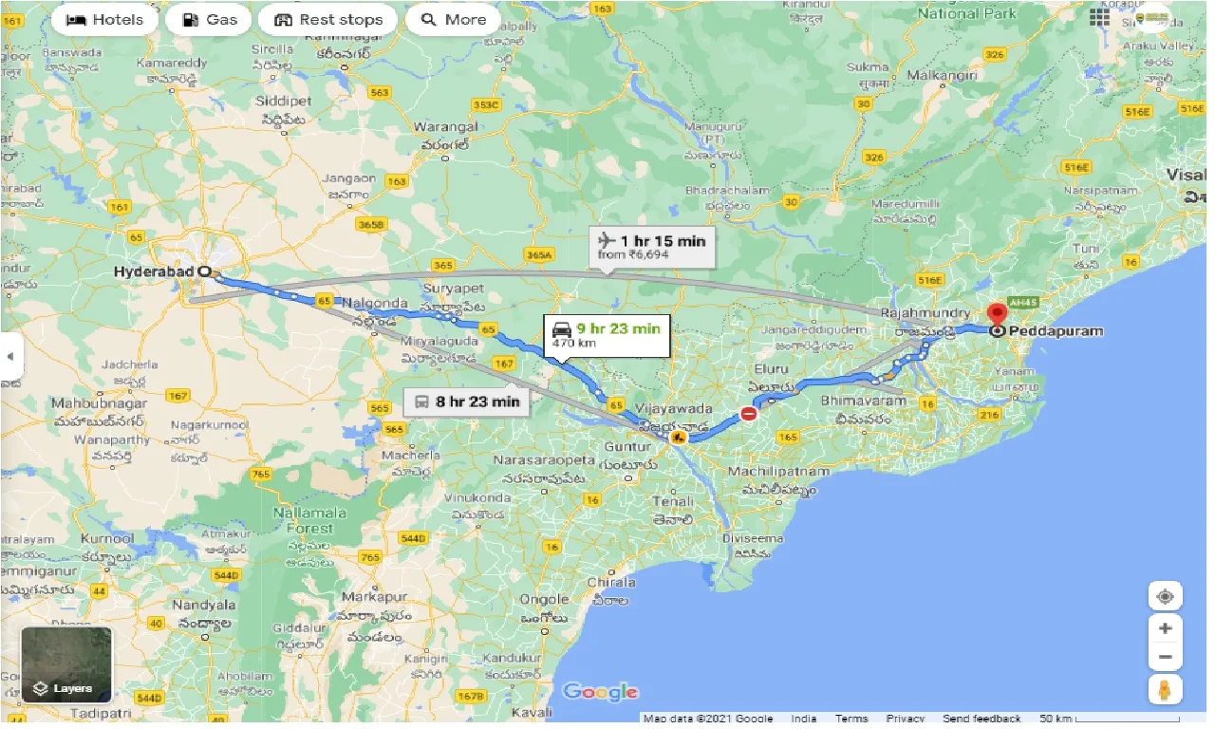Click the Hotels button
105,19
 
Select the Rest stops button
328,19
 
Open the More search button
453,19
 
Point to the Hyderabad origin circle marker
204,271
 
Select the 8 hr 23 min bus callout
467,402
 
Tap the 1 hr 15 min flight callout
652,247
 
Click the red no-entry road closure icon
749,414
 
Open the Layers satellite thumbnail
66,664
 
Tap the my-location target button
1165,597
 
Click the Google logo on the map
600,691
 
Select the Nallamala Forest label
297,520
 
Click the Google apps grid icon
1099,18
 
